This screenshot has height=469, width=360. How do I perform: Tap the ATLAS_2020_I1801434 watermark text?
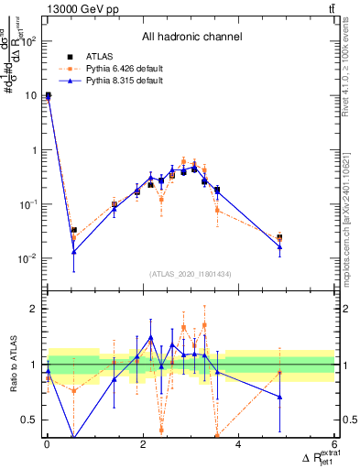(x=191, y=274)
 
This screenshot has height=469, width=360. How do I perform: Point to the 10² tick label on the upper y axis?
(x=28, y=41)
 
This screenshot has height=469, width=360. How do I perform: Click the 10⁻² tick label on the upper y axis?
(x=28, y=258)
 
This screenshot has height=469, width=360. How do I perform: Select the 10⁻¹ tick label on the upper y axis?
(x=28, y=204)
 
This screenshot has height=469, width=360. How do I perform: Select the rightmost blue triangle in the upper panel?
(x=279, y=247)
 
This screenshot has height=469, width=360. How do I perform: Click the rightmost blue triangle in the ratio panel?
(x=279, y=397)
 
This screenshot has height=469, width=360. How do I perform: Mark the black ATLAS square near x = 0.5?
(x=74, y=231)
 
